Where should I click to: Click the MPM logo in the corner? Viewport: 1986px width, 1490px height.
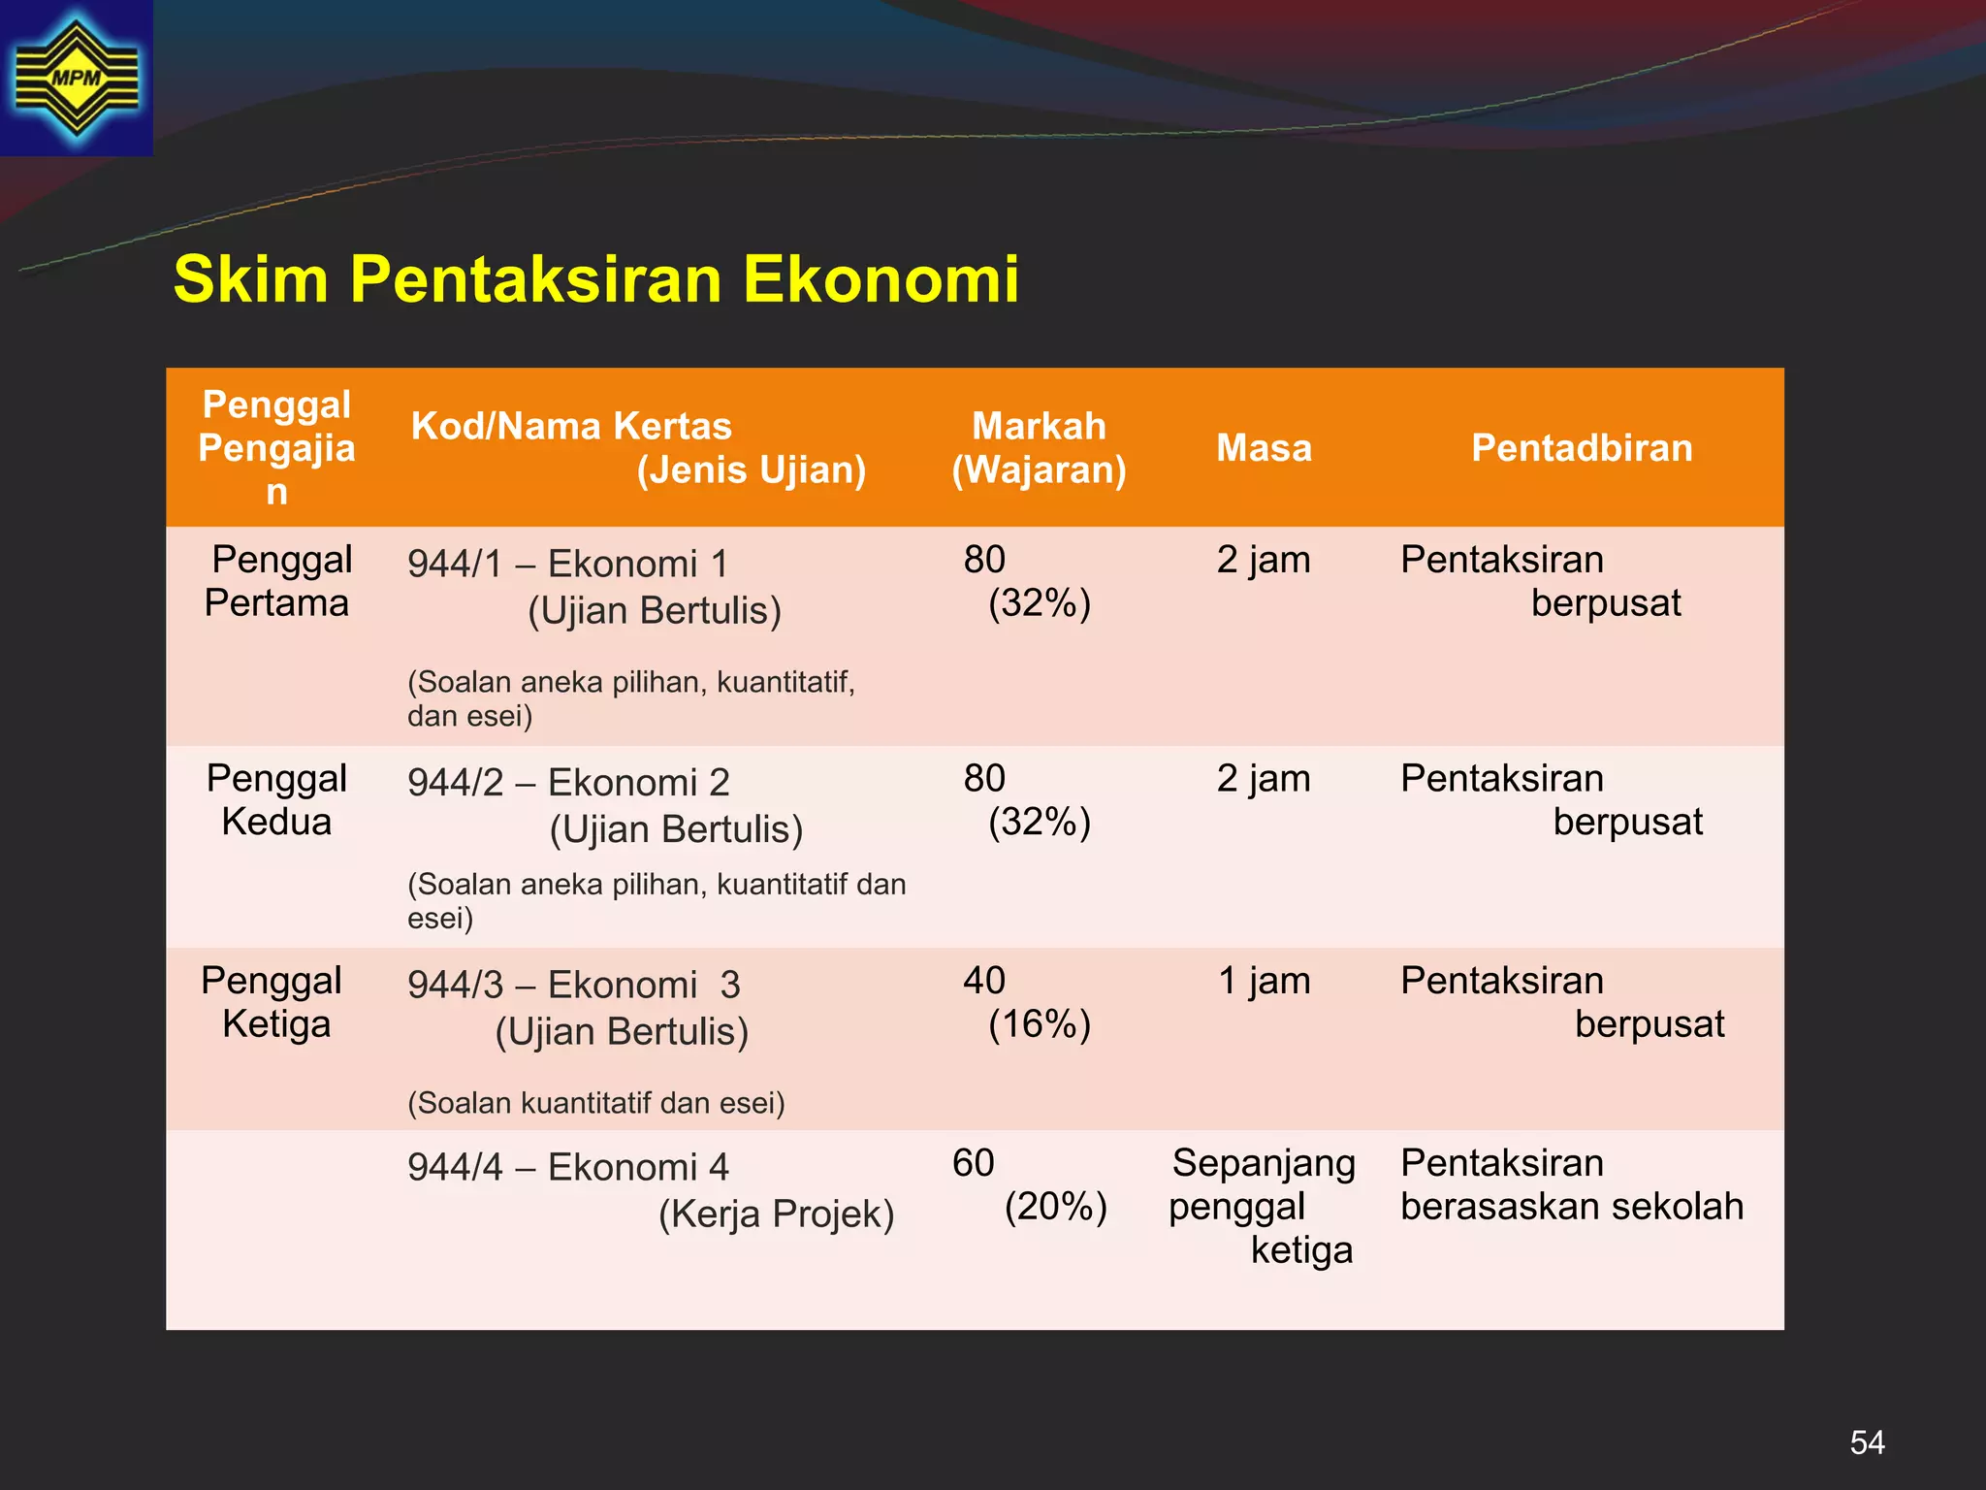(76, 78)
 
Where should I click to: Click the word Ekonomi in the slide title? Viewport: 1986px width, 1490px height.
(881, 279)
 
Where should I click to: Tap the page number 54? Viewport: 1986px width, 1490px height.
(1867, 1442)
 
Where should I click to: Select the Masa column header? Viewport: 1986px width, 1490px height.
(1264, 448)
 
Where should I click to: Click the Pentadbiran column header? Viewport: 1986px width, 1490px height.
(1582, 448)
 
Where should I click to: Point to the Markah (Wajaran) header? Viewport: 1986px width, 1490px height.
(1039, 448)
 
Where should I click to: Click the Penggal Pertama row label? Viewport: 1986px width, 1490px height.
(277, 581)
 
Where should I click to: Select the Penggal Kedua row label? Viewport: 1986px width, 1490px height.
(277, 800)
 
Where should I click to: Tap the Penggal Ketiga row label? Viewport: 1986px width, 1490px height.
(273, 1002)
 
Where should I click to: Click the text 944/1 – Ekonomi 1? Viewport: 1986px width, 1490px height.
(567, 564)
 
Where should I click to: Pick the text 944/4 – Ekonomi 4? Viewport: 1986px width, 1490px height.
(567, 1167)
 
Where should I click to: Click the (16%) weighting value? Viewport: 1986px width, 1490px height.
(1040, 1024)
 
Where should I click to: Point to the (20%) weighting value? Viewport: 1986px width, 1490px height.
(1055, 1208)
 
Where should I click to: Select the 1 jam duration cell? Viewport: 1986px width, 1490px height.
(1264, 981)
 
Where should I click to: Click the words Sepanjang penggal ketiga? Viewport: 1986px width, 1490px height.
(1263, 1206)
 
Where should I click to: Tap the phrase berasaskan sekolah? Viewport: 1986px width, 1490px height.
(1571, 1207)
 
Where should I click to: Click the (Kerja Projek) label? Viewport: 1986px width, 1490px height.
(776, 1215)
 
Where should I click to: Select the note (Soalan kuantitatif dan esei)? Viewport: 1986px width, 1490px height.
(595, 1103)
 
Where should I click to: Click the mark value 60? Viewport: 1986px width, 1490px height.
(974, 1163)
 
